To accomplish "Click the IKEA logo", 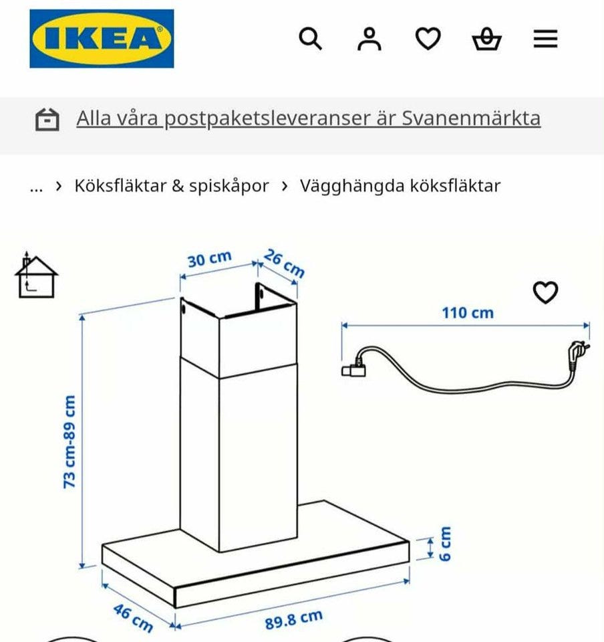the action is pyautogui.click(x=102, y=39).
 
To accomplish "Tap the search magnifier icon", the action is pyautogui.click(x=311, y=39).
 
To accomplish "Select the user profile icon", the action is pyautogui.click(x=369, y=39).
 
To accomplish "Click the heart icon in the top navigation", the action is pyautogui.click(x=428, y=39).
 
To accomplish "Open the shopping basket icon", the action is pyautogui.click(x=486, y=39).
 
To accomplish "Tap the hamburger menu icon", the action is pyautogui.click(x=545, y=39).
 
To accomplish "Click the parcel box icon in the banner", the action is pyautogui.click(x=47, y=120).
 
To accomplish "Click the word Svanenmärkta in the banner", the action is pyautogui.click(x=471, y=118).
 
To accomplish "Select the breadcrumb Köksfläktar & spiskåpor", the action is pyautogui.click(x=172, y=186).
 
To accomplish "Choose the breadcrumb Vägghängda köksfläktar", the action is pyautogui.click(x=400, y=186).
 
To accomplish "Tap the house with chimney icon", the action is pyautogui.click(x=36, y=275).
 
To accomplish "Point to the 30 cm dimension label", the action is pyautogui.click(x=210, y=259).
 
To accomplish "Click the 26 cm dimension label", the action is pyautogui.click(x=284, y=263).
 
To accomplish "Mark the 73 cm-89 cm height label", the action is pyautogui.click(x=69, y=442).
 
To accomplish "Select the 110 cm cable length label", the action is pyautogui.click(x=468, y=313).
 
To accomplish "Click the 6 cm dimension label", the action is pyautogui.click(x=444, y=544).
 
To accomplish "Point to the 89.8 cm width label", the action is pyautogui.click(x=293, y=619).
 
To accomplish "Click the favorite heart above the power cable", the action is pyautogui.click(x=545, y=292).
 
